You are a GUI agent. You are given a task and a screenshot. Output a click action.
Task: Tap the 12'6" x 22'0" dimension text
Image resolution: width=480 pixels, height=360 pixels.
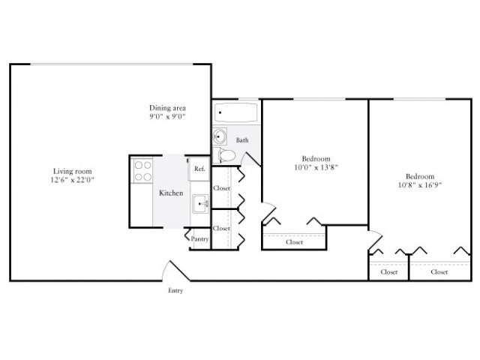(73, 180)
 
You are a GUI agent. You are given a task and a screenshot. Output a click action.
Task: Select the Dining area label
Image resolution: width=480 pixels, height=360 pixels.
(166, 107)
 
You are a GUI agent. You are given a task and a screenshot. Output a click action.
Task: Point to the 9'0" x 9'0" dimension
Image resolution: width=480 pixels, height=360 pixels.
(166, 117)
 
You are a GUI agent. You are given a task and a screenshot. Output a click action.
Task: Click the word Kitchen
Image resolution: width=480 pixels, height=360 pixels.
(171, 193)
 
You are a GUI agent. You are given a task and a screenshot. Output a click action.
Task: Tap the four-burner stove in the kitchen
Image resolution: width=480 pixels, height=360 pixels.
(142, 171)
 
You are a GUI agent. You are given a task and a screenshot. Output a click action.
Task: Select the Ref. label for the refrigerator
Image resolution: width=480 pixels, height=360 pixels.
(199, 169)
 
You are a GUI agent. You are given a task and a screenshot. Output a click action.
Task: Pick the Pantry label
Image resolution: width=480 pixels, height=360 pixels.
(199, 239)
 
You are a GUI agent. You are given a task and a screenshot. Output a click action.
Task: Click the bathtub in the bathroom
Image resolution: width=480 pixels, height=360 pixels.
(235, 114)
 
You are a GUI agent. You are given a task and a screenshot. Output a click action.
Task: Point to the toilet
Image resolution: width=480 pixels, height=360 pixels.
(227, 155)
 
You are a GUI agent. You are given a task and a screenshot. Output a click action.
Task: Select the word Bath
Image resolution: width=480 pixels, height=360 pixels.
(243, 140)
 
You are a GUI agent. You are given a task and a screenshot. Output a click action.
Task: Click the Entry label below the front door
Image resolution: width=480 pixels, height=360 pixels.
(175, 290)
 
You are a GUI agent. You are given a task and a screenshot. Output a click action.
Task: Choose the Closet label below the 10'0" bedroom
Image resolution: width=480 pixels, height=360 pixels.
(295, 242)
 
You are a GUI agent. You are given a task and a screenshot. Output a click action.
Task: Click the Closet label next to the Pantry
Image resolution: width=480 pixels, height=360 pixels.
(221, 228)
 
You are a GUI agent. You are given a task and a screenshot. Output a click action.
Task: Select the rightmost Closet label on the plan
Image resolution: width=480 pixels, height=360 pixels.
(439, 272)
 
